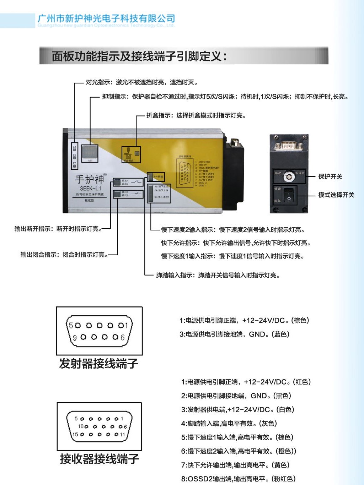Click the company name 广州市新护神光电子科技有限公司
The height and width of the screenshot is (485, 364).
coord(106,18)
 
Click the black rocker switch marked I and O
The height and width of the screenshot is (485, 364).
coord(289,195)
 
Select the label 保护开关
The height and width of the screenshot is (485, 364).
coord(330,176)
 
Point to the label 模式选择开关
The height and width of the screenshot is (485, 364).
coord(336,195)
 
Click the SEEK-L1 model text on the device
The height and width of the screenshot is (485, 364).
coord(90,189)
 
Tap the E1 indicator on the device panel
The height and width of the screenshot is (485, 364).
coord(75,148)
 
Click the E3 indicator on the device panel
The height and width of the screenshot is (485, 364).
coord(75,164)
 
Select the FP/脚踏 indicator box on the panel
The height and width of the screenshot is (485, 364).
coord(155,176)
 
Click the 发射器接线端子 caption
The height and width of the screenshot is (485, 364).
coord(99,364)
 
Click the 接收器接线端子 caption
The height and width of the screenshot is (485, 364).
coord(99,459)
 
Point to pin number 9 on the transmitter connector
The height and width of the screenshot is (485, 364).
coord(75,338)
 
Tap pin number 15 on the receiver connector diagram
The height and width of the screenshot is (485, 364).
coord(75,434)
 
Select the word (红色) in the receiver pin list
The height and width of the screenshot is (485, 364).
coord(302,382)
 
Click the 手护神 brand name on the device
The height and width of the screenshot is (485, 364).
coord(90,179)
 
